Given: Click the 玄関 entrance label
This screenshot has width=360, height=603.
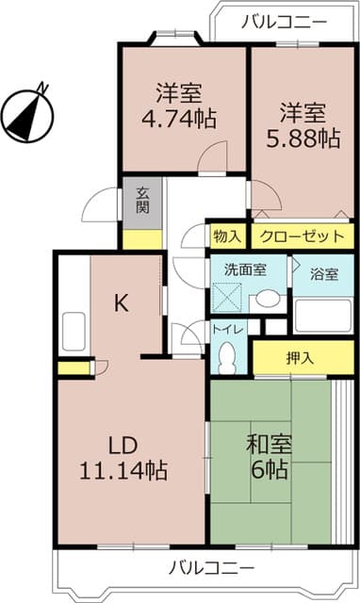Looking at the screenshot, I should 142,200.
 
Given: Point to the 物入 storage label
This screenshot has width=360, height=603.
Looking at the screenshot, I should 227,235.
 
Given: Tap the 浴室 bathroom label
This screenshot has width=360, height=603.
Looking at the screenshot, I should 324,274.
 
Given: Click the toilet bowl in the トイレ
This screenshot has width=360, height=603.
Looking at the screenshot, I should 226,356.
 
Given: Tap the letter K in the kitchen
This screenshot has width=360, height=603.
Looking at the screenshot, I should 121,302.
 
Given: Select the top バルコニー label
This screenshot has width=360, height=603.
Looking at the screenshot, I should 284,21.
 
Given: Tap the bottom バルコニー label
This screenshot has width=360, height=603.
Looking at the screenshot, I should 212,568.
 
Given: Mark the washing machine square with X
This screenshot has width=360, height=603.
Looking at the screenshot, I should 227,299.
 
